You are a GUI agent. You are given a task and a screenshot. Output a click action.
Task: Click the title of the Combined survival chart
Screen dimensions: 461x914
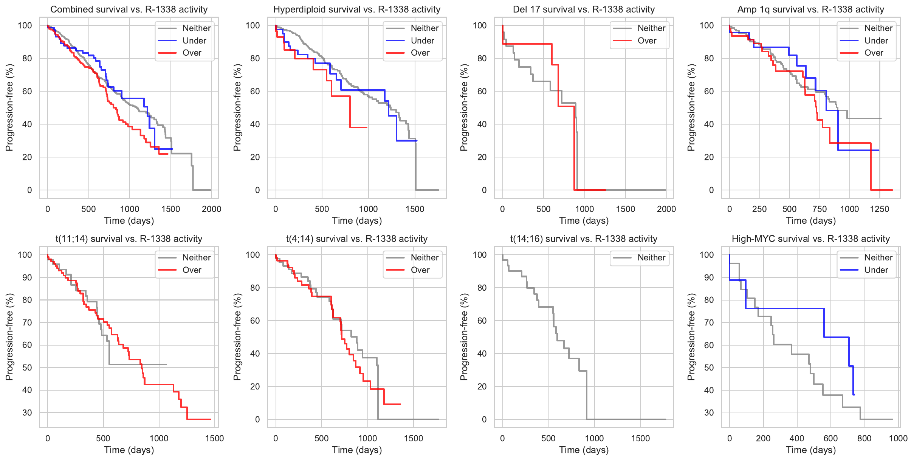coord(129,9)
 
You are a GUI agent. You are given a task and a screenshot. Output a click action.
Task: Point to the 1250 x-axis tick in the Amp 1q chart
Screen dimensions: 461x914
coord(880,209)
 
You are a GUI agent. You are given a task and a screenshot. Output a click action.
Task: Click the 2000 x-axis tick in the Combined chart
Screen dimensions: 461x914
coord(211,209)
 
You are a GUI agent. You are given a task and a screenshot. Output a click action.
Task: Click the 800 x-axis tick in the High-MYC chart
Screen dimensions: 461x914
coord(864,439)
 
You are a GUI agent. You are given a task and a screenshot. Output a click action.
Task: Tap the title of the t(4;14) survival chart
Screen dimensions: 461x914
coord(357,239)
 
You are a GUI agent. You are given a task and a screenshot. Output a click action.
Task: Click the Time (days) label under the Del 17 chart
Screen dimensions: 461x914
coord(584,221)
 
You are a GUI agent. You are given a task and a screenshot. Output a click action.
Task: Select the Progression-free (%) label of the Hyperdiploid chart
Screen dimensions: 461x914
coord(237,107)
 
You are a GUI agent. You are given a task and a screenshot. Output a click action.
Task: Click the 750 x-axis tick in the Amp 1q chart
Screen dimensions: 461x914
coord(820,209)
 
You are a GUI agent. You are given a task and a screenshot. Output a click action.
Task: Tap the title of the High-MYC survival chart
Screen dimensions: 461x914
coord(810,239)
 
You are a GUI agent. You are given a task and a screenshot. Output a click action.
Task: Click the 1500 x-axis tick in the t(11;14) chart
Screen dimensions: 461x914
coord(214,439)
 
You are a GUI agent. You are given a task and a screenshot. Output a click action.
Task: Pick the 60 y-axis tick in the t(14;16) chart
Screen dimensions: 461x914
coord(482,321)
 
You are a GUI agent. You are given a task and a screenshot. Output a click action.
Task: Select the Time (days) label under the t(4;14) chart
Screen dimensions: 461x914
coord(357,450)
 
